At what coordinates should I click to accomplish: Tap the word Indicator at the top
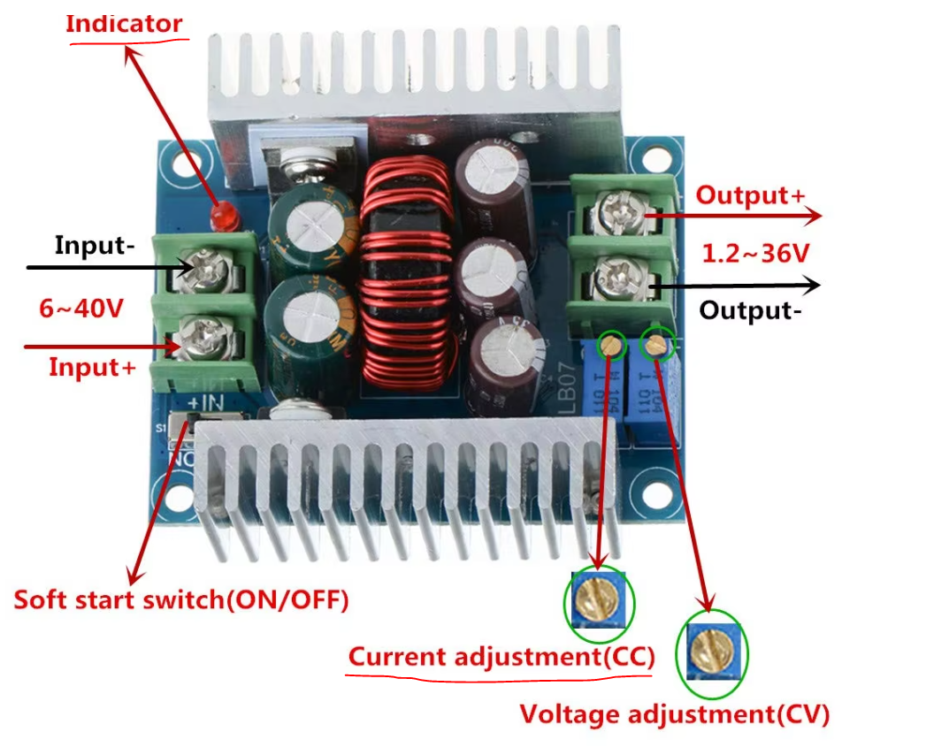(x=124, y=24)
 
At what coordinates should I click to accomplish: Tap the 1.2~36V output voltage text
(x=755, y=254)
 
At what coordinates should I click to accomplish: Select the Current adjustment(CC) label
(x=501, y=658)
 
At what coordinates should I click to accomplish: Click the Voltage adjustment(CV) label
(x=674, y=713)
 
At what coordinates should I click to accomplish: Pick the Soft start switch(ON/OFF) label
(x=181, y=599)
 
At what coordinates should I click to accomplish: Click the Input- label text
(x=95, y=245)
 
